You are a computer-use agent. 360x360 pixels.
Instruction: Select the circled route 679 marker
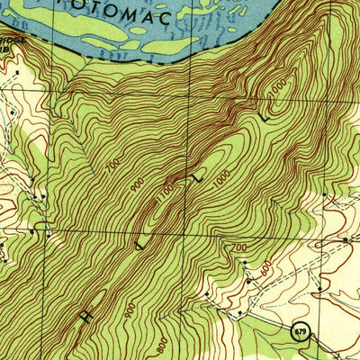pos(299,333)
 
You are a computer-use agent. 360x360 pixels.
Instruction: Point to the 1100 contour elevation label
pos(165,193)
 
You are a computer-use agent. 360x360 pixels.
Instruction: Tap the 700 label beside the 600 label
pos(238,247)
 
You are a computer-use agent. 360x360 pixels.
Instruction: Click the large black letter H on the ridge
pos(86,315)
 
